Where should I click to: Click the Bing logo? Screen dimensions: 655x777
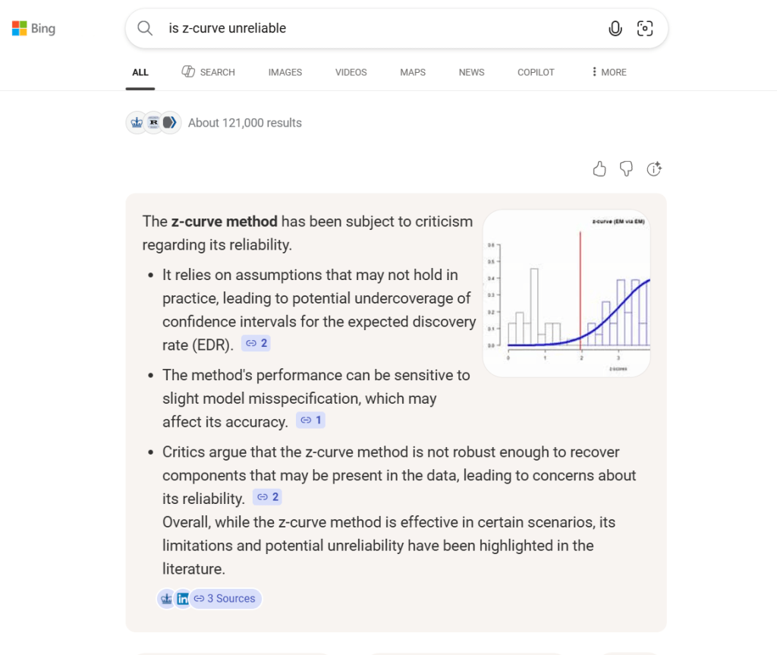point(33,29)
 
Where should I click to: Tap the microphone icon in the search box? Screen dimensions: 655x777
point(615,29)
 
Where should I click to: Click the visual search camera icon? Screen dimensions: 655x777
point(645,29)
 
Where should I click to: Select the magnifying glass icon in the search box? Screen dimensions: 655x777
point(144,29)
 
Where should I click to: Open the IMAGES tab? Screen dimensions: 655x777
point(285,72)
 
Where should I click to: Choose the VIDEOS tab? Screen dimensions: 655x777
point(351,72)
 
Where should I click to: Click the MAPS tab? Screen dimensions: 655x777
point(413,72)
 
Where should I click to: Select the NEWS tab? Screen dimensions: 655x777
point(471,72)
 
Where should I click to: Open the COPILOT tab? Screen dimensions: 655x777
point(536,72)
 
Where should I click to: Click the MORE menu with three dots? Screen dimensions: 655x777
point(609,72)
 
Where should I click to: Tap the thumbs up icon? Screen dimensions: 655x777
point(599,169)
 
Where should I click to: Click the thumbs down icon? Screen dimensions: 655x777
point(626,169)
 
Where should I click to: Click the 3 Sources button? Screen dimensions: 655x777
point(225,599)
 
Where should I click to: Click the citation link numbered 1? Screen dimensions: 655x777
point(311,420)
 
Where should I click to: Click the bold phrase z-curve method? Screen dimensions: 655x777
point(225,222)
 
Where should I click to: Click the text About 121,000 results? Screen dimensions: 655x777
point(244,123)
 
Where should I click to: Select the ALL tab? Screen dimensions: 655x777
point(140,72)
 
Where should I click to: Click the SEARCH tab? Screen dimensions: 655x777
point(209,72)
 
